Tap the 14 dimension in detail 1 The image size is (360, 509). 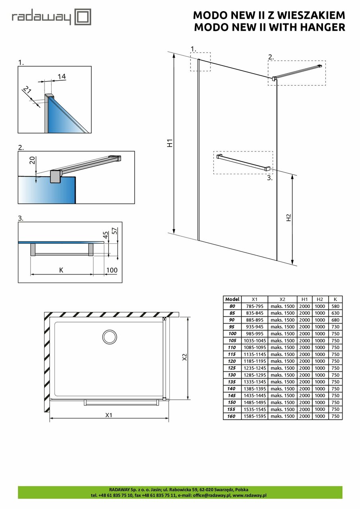point(61,76)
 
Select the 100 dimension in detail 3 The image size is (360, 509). point(112,270)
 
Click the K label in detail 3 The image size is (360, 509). point(61,270)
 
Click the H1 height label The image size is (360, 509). point(169,143)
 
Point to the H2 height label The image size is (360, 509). point(289,218)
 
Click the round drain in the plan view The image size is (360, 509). point(109,337)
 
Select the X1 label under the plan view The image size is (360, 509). point(109,415)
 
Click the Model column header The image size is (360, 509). point(232,299)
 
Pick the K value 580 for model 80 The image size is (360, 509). point(336,306)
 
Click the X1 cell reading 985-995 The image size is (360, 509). point(255,334)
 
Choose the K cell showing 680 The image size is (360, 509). point(336,320)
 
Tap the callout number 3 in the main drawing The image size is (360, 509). point(270,178)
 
